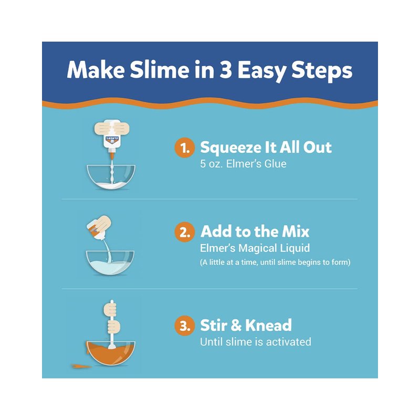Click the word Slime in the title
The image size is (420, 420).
[159, 70]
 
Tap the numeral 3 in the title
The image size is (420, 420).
[225, 70]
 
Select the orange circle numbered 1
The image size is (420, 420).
[185, 148]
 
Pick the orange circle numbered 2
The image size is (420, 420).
[185, 232]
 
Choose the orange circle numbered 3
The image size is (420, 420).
[185, 325]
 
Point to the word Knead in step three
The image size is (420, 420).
[268, 325]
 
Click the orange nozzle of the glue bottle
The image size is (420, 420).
[112, 155]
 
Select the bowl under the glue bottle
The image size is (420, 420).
[111, 177]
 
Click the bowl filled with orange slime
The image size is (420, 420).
[111, 353]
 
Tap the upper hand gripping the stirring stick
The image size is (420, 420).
[110, 308]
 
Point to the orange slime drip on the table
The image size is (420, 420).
[80, 365]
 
